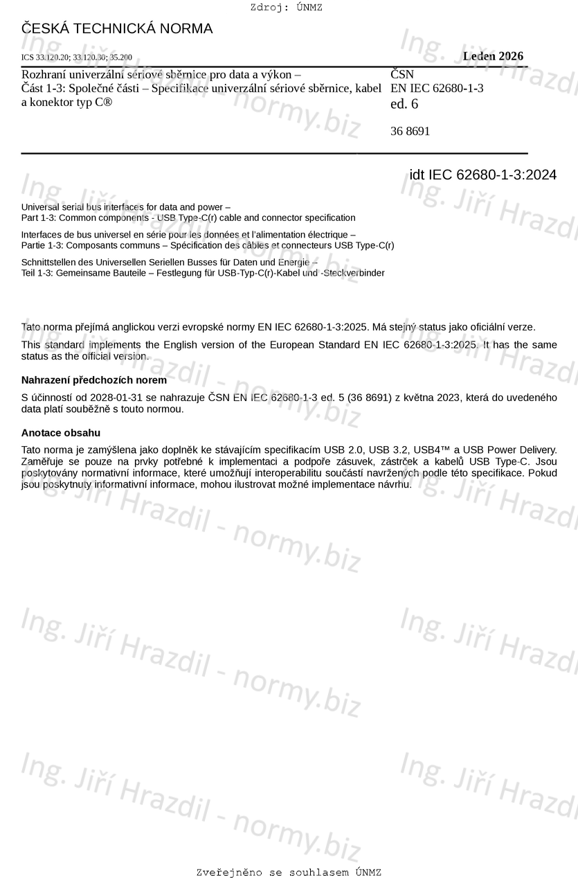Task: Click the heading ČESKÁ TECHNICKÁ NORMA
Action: (x=117, y=28)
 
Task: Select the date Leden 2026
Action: (x=493, y=56)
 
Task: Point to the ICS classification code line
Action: (x=77, y=57)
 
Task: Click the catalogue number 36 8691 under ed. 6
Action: (x=410, y=131)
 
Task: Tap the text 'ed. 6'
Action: (x=404, y=105)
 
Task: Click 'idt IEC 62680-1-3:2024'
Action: (x=482, y=175)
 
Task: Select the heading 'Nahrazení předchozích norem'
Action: (x=94, y=380)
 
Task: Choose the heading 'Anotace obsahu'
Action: (x=61, y=433)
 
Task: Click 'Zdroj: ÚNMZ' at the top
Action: (x=286, y=8)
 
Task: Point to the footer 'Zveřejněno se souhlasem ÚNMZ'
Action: (x=289, y=872)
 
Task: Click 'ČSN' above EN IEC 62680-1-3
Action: (x=402, y=74)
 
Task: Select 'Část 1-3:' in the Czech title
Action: (x=44, y=88)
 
